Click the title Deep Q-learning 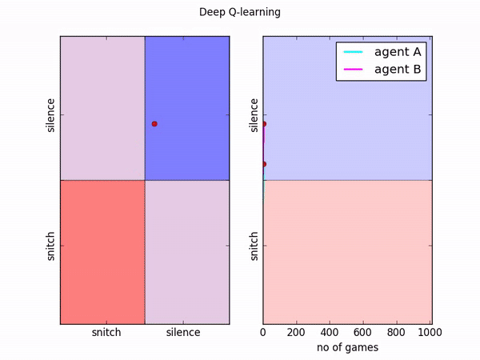tap(240, 14)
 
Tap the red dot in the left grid tap(154, 124)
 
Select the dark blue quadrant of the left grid tap(187, 107)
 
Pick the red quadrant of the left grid tap(102, 252)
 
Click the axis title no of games tap(347, 348)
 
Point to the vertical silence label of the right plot tap(254, 115)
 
